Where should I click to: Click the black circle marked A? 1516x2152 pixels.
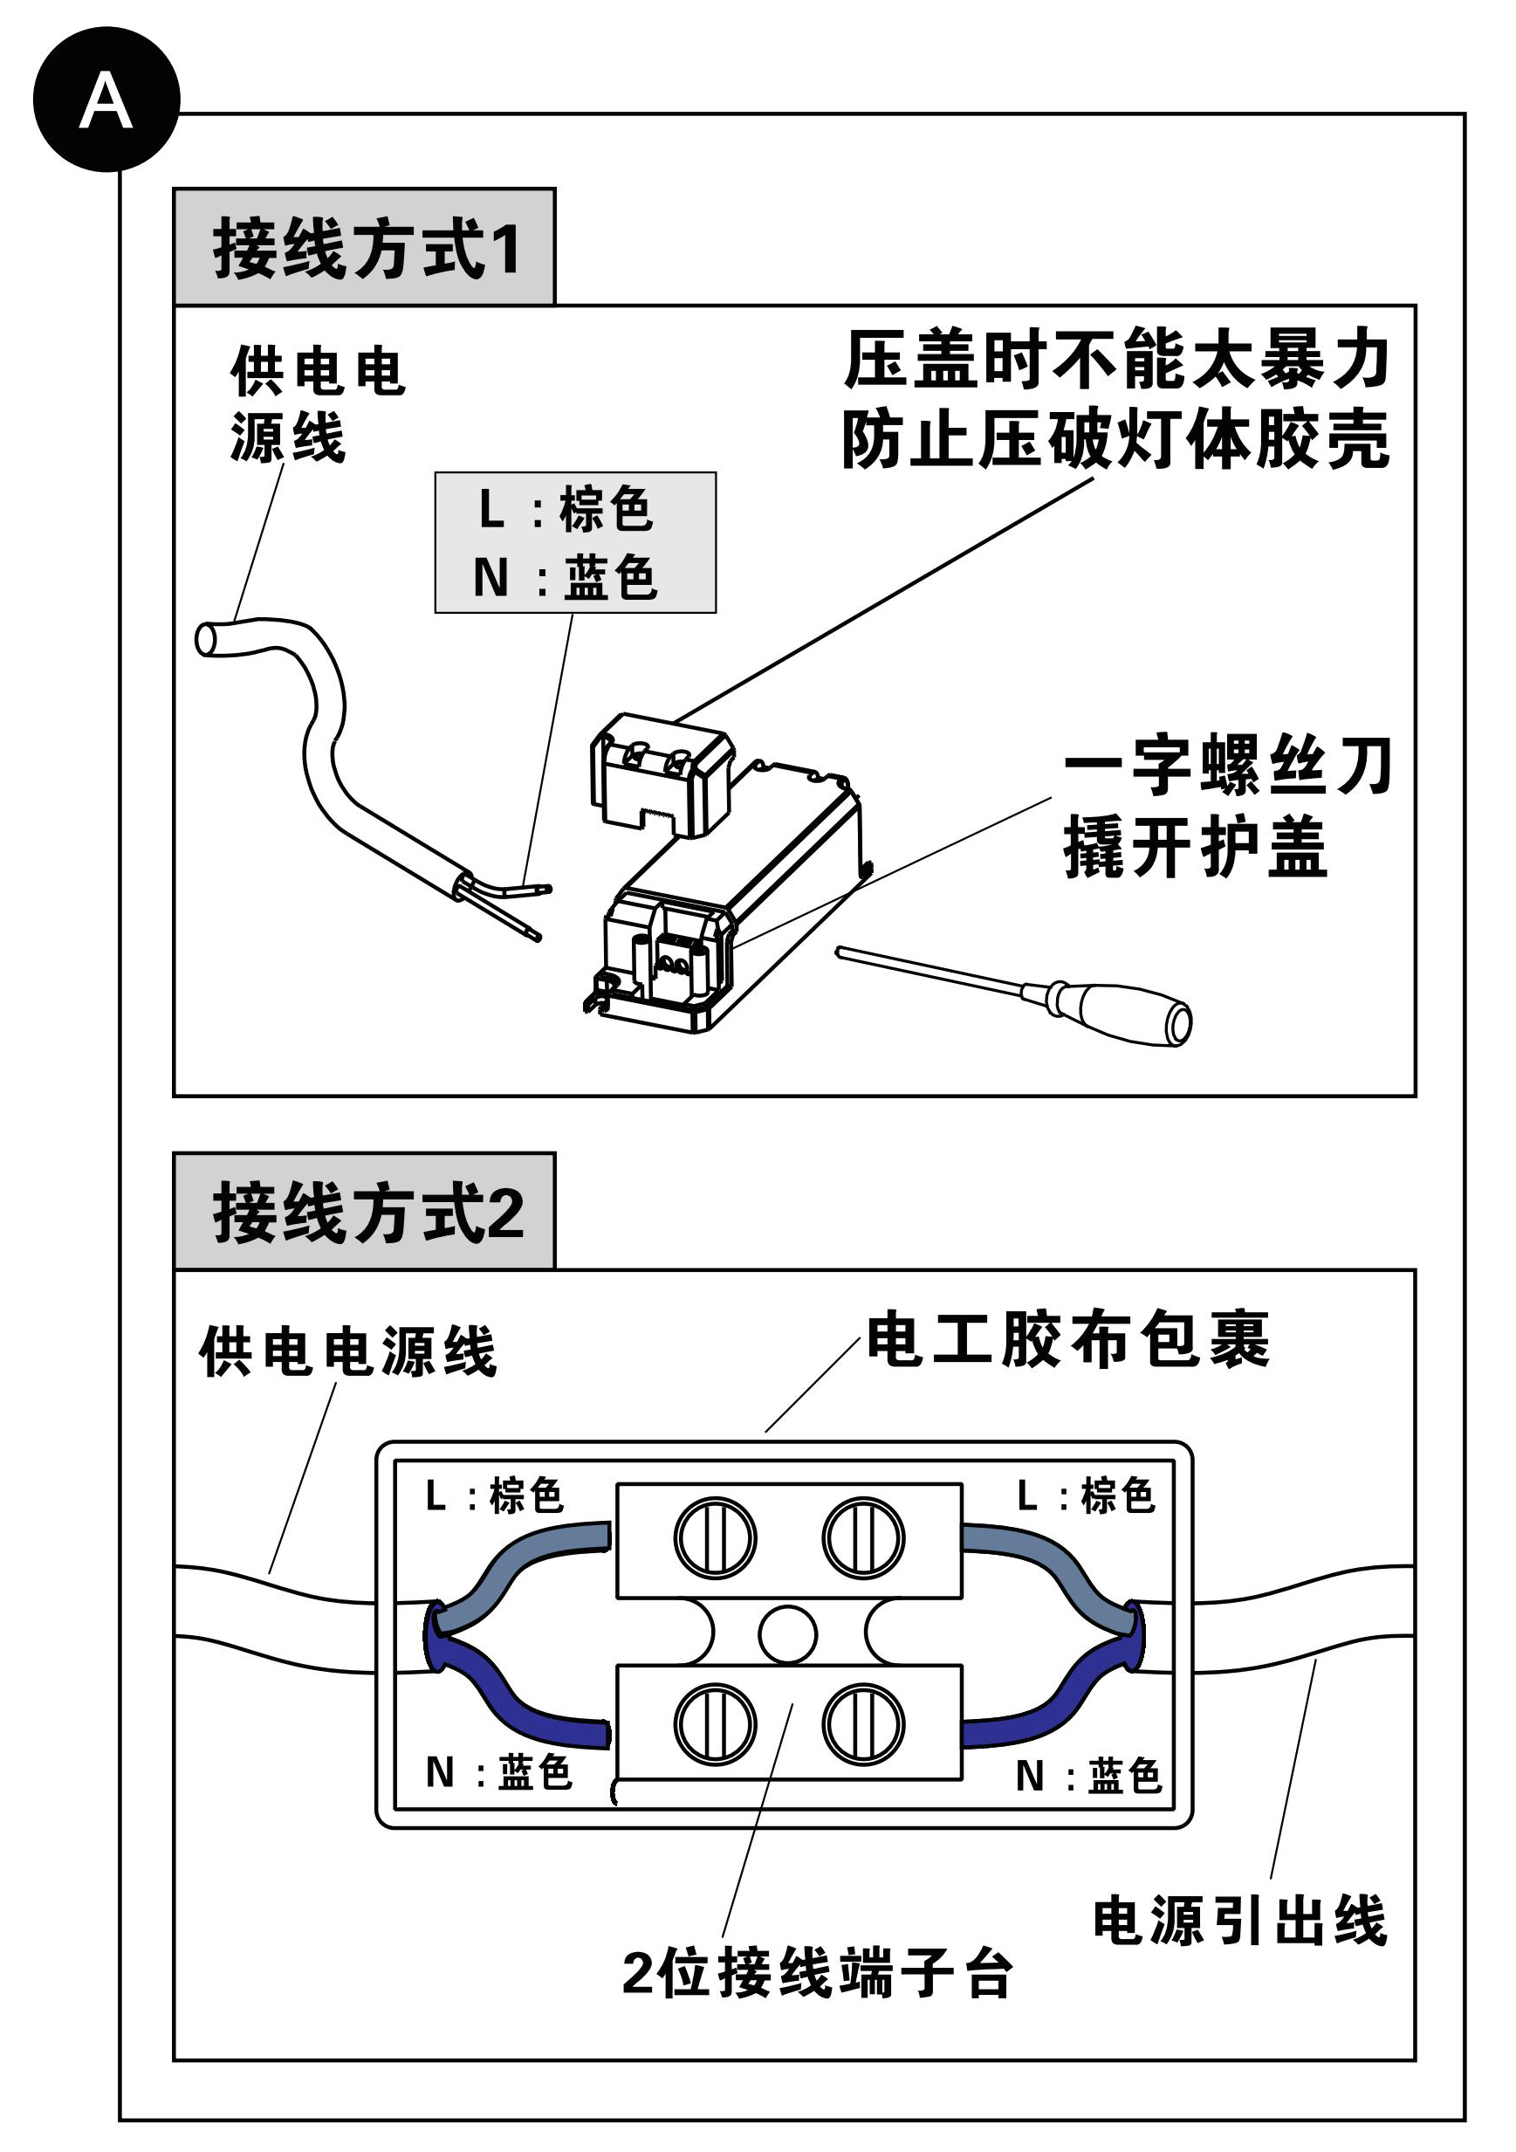(x=106, y=100)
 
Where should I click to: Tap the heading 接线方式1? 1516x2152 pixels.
(x=366, y=249)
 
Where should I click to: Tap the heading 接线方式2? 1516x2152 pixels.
(x=366, y=1212)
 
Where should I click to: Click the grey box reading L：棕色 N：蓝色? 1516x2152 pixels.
(x=574, y=543)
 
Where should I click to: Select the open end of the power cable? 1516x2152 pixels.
(x=207, y=640)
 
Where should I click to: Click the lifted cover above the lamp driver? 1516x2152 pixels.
(x=661, y=773)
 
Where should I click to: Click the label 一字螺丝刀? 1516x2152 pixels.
(x=1227, y=764)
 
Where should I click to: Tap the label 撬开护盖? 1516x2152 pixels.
(x=1195, y=846)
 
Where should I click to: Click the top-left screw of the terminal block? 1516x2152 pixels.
(x=715, y=1538)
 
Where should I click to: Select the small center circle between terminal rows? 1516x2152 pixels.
(x=788, y=1633)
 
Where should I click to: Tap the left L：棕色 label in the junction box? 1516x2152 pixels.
(x=494, y=1495)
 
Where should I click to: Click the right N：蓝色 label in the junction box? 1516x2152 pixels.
(x=1087, y=1774)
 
